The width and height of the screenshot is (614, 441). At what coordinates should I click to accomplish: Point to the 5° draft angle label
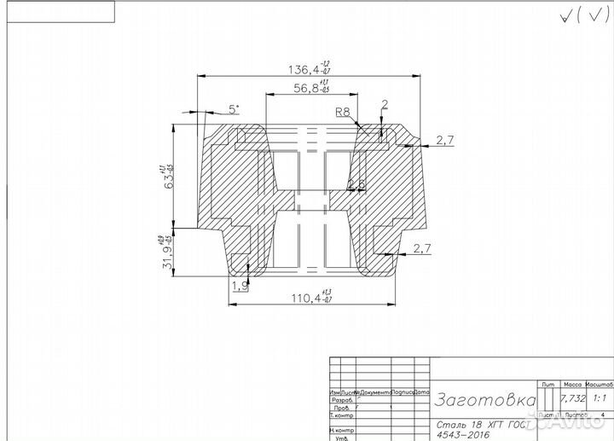[234, 109]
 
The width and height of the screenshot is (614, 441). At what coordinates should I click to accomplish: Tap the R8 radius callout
[343, 112]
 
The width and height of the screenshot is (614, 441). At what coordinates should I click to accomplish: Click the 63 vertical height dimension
[169, 176]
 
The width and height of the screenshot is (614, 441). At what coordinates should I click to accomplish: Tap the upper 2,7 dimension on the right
[444, 140]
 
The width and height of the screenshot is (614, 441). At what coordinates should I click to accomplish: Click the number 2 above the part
[385, 105]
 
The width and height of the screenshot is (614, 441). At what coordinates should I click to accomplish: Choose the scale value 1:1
[600, 398]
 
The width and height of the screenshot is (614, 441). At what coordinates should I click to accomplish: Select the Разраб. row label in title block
[341, 399]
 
